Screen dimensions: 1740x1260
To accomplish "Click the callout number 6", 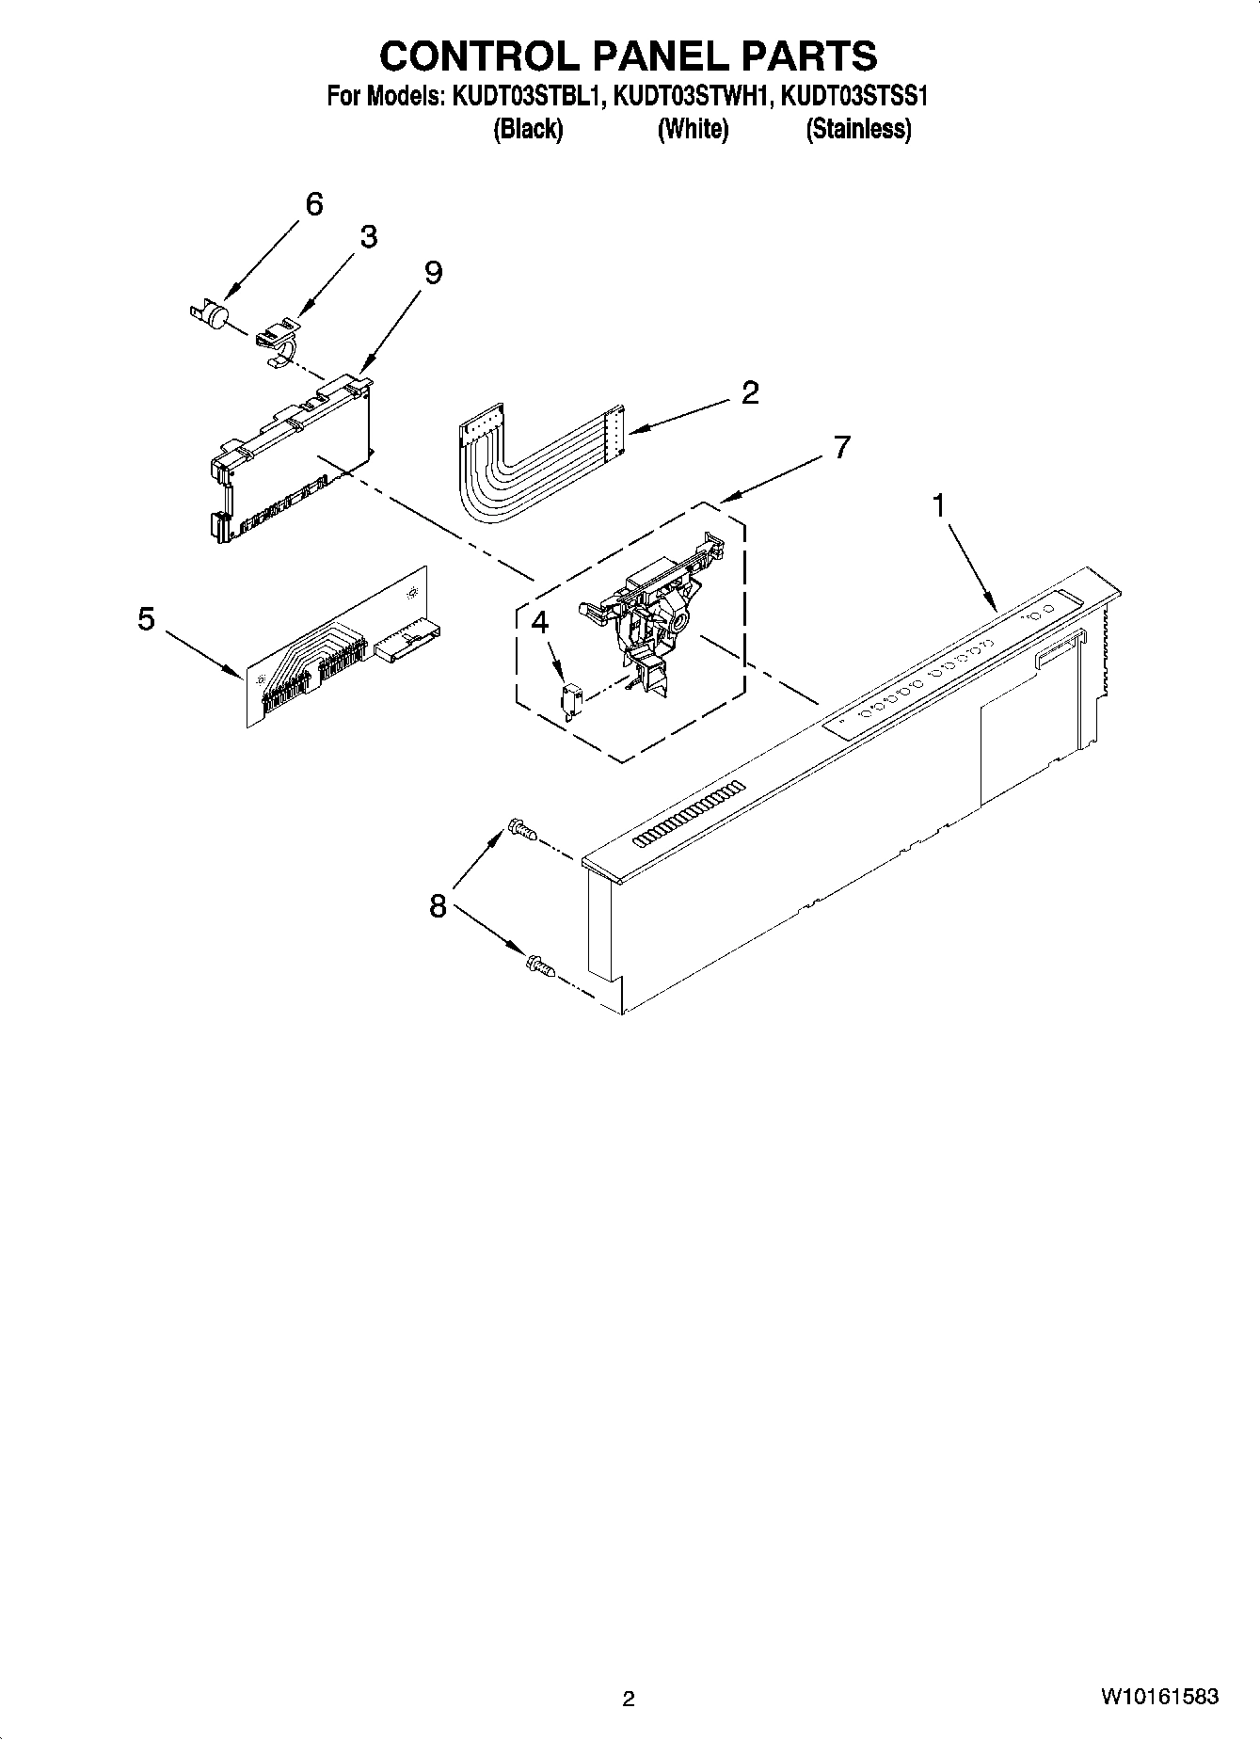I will pyautogui.click(x=314, y=203).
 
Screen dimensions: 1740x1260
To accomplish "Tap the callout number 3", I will pyautogui.click(x=368, y=237).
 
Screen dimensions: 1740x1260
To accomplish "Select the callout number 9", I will pyautogui.click(x=433, y=273).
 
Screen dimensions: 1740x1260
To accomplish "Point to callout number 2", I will pyautogui.click(x=749, y=392).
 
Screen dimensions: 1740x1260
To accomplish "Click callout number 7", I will pyautogui.click(x=840, y=446).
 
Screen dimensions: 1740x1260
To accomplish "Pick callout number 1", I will pyautogui.click(x=938, y=506).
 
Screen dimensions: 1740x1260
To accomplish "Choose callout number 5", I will pyautogui.click(x=146, y=619).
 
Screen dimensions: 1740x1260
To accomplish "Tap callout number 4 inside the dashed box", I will pyautogui.click(x=539, y=621).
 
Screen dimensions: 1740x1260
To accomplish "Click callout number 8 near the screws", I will pyautogui.click(x=438, y=906).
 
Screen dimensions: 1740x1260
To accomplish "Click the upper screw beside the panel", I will pyautogui.click(x=520, y=829).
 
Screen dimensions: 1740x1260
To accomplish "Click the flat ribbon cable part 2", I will pyautogui.click(x=527, y=461).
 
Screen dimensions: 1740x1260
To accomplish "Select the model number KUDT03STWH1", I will pyautogui.click(x=692, y=96).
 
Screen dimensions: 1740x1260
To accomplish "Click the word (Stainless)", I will pyautogui.click(x=858, y=129).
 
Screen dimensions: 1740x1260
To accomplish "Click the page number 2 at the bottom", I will pyautogui.click(x=629, y=1699).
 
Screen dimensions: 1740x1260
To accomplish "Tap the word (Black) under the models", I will pyautogui.click(x=528, y=129).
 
